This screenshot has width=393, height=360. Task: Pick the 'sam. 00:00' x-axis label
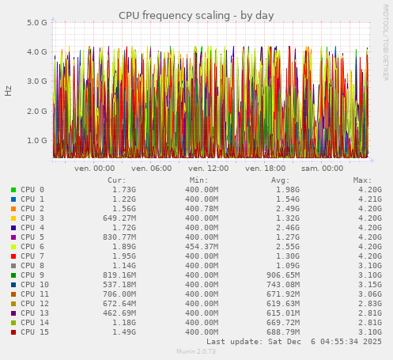tap(323, 168)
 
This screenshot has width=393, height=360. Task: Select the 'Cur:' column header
tap(116, 180)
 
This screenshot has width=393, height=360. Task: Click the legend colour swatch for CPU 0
tap(13, 190)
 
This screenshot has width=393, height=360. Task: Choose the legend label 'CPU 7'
tap(32, 256)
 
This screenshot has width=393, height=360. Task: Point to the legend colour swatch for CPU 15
tap(13, 332)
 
